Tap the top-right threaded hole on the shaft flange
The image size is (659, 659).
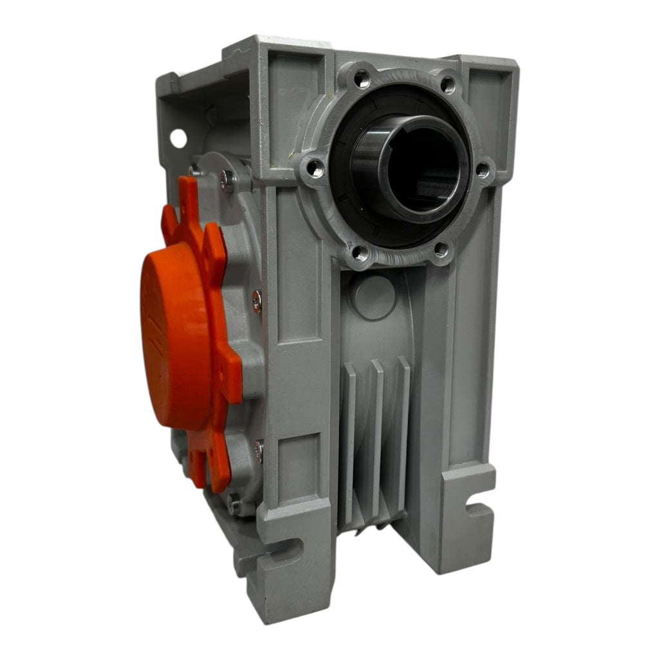tap(447, 83)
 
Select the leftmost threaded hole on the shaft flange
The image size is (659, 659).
tap(315, 169)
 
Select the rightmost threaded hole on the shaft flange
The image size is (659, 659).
tap(481, 169)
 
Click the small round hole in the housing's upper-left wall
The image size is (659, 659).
tap(178, 138)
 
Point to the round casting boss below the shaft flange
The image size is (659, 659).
tap(373, 297)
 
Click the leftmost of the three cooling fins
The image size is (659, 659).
tap(348, 438)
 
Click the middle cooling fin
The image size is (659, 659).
tap(376, 431)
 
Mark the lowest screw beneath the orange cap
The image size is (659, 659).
tap(234, 503)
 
